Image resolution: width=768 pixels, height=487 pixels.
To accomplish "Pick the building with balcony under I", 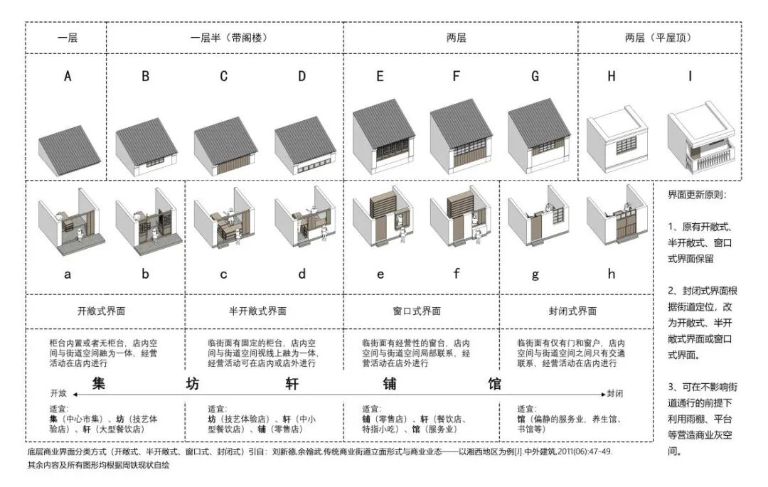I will click(699, 140).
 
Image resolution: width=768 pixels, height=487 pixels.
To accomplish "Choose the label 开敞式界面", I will click(106, 311).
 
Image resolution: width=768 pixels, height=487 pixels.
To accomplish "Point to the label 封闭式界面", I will click(573, 311).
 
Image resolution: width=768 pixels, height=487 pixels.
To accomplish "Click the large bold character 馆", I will click(494, 384).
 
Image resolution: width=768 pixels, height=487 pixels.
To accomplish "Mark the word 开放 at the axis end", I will click(58, 392).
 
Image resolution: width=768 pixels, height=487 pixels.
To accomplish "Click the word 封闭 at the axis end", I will click(616, 392).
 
